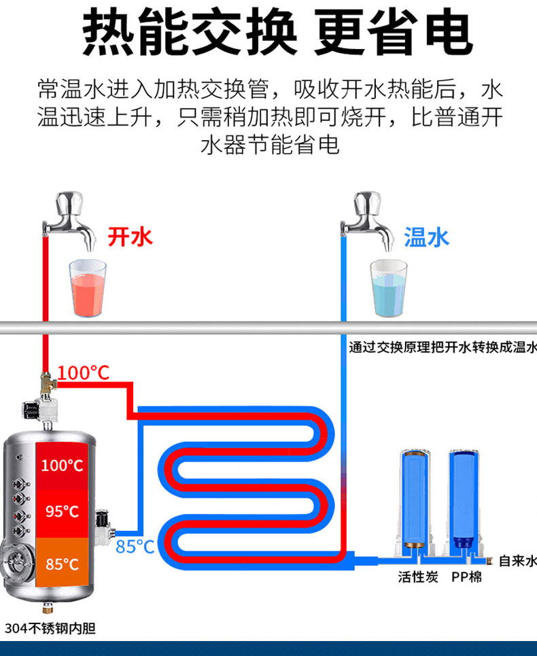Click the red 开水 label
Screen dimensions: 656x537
coord(131,237)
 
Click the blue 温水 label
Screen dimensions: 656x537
coord(426,237)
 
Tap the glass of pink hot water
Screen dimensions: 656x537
coord(88,288)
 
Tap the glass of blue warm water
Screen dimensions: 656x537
coord(388,288)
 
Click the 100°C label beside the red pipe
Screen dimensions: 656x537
coord(83,373)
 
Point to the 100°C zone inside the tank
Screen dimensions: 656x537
coord(62,466)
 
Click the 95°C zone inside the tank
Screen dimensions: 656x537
coord(62,511)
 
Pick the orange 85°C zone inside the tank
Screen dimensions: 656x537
coord(62,564)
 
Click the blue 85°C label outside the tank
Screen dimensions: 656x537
coord(135,546)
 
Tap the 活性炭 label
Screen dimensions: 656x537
coord(419,577)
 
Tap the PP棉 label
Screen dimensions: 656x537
coord(467,577)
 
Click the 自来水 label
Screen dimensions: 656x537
coord(517,561)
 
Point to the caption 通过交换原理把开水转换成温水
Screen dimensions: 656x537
coord(442,347)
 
